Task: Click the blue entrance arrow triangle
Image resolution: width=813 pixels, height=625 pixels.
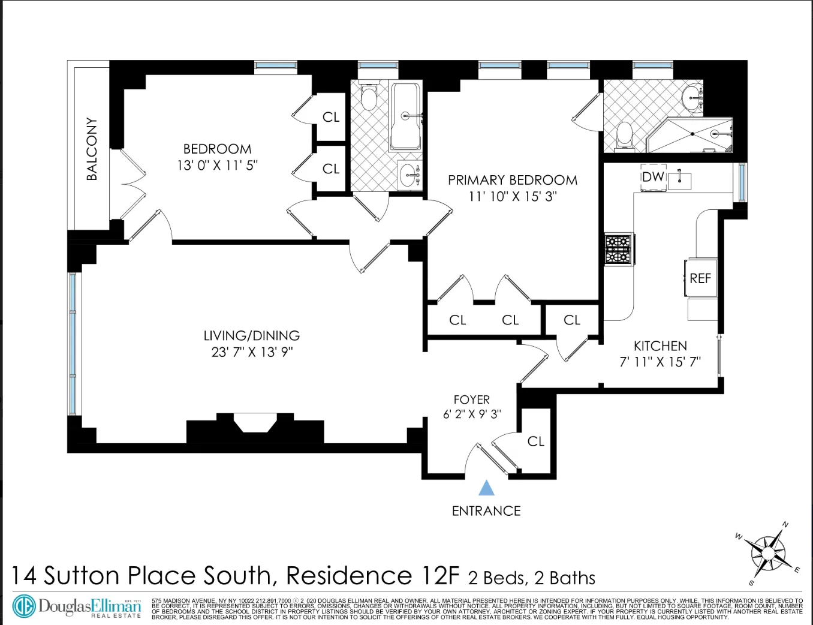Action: (x=487, y=488)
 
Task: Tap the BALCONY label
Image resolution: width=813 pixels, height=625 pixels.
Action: (x=92, y=149)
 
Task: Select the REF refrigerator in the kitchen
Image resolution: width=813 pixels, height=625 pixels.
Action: (x=700, y=278)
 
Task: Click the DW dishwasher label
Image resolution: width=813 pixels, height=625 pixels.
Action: (x=653, y=177)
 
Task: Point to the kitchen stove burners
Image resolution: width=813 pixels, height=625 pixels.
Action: (x=618, y=250)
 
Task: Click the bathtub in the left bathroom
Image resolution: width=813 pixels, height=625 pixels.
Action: (x=405, y=116)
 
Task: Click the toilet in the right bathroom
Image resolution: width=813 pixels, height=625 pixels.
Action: (x=624, y=134)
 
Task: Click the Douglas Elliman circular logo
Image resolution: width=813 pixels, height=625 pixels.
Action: (x=25, y=606)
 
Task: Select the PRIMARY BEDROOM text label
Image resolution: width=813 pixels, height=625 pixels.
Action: (x=513, y=180)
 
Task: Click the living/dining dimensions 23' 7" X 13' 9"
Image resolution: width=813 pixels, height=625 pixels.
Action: (x=252, y=352)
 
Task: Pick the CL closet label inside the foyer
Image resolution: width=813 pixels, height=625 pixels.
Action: (x=535, y=441)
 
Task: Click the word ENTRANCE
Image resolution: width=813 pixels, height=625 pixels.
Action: (x=486, y=511)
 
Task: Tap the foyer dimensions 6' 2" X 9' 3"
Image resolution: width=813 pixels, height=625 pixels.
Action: (x=472, y=414)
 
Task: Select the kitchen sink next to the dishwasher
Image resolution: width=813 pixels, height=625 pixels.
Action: (x=680, y=179)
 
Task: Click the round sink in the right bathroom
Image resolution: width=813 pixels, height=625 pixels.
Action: (x=692, y=95)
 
